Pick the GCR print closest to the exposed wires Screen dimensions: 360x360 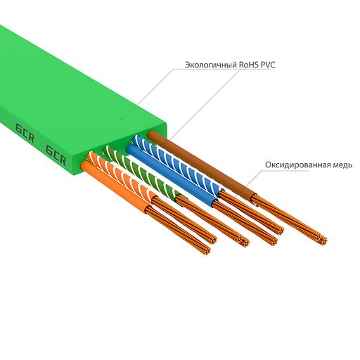tap(56, 153)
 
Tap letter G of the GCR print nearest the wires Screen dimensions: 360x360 tap(50, 149)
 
